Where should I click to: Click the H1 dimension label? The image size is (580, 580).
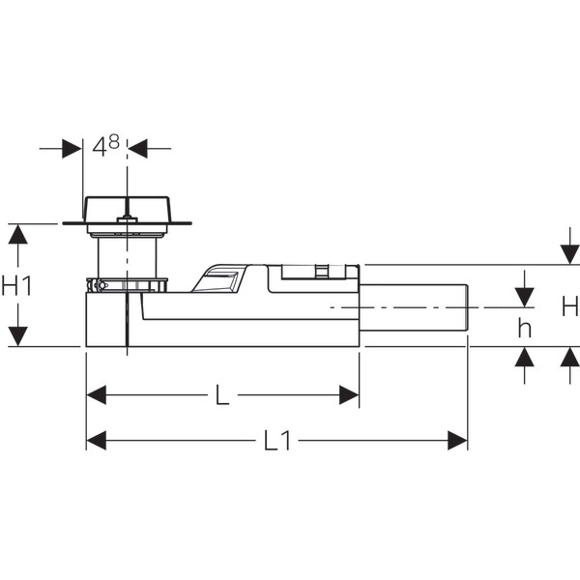(17, 285)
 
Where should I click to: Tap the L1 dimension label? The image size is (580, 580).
(277, 441)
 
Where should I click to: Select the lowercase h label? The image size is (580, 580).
(525, 328)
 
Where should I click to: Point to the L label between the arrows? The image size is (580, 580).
(222, 395)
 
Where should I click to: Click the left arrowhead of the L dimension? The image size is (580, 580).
(96, 395)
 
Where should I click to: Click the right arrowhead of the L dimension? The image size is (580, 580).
(349, 395)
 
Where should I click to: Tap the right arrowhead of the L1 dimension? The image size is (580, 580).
(457, 441)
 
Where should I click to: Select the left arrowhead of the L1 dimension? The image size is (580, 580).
(96, 441)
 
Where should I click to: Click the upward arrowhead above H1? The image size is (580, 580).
(17, 235)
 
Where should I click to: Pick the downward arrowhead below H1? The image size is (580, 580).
(17, 336)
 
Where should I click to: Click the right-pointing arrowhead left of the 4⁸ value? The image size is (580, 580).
(72, 149)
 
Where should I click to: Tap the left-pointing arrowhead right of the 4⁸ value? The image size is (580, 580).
(137, 149)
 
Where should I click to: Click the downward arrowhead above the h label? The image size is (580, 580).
(525, 298)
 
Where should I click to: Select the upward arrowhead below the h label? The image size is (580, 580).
(525, 357)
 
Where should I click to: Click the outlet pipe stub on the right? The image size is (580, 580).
(414, 307)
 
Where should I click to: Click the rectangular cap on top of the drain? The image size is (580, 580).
(127, 210)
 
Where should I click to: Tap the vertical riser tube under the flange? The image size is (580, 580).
(127, 258)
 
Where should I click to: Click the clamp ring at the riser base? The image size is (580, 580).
(127, 285)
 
